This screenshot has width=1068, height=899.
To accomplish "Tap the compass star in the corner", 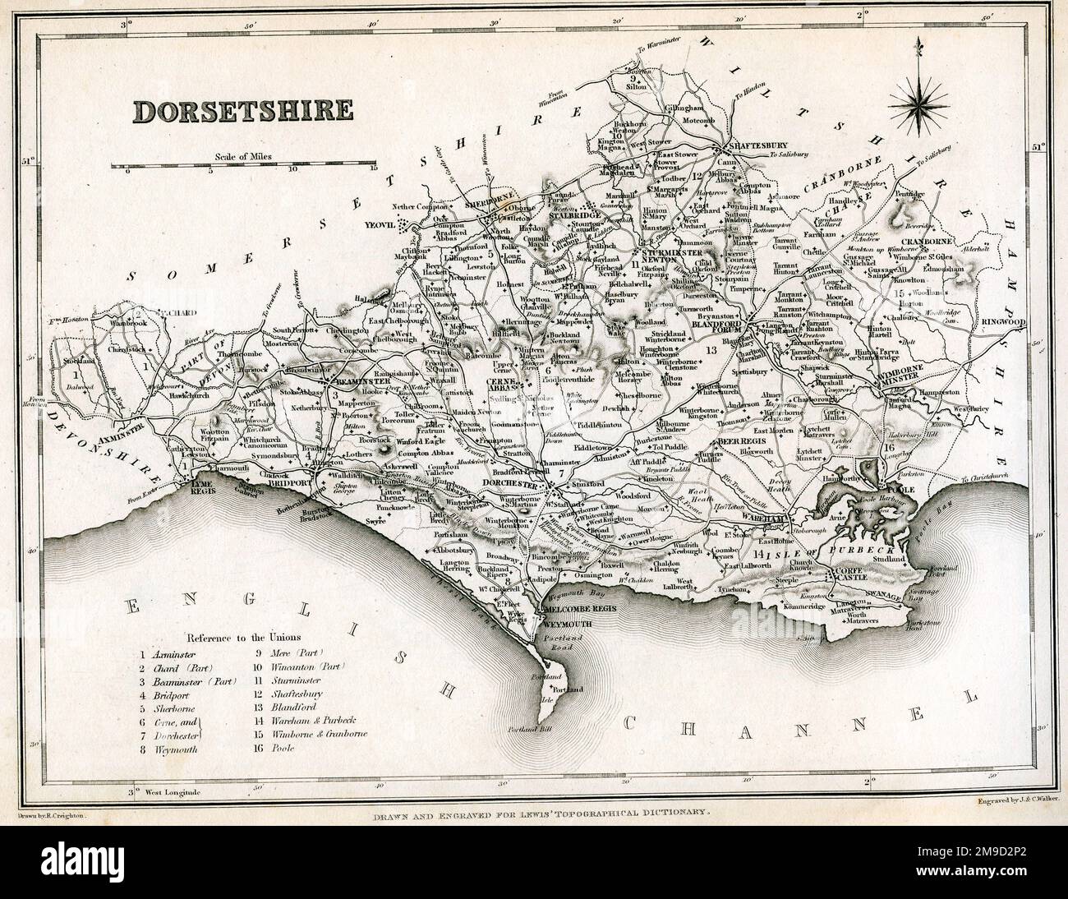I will coord(917,102).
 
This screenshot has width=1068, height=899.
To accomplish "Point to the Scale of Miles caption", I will coord(251,155).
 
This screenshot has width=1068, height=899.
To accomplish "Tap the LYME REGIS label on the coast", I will coord(201,488).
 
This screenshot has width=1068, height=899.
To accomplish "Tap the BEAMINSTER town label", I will coord(358,382).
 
